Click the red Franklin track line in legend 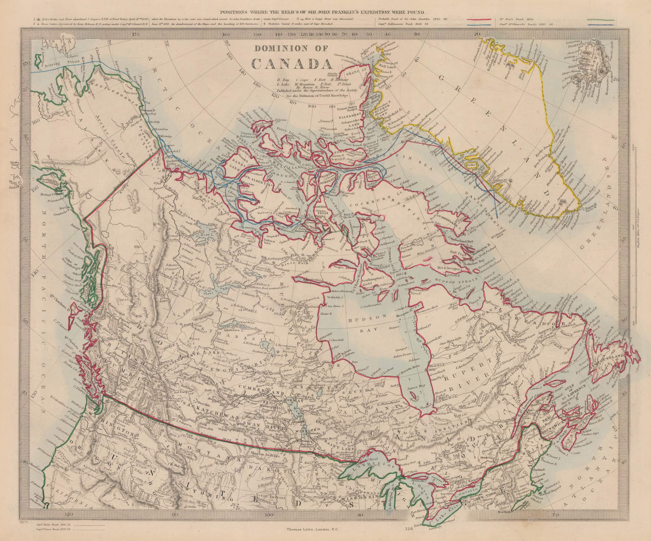[484, 20]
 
